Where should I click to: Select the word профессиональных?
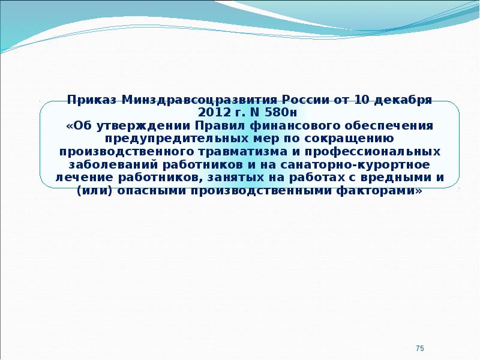373,152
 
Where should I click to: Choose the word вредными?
396,178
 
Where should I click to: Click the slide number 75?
420,349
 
